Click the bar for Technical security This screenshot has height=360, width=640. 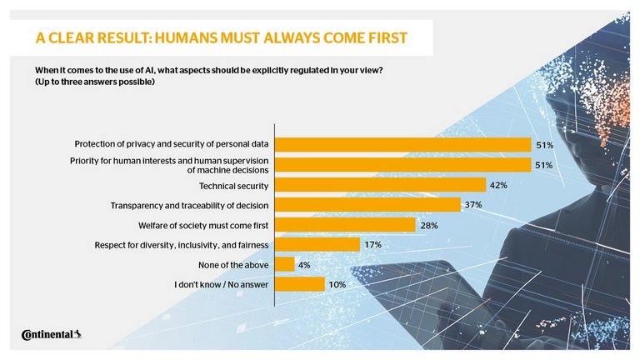[379, 185]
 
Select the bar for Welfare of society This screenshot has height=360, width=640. [344, 225]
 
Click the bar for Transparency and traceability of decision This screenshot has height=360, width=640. [367, 205]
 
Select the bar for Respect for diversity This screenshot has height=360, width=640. [317, 245]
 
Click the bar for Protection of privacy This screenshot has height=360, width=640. [402, 145]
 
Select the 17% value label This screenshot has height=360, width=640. [373, 245]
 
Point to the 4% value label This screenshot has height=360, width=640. [305, 265]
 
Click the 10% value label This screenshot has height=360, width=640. [337, 285]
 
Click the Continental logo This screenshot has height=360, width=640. [51, 335]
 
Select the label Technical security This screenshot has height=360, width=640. [232, 185]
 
